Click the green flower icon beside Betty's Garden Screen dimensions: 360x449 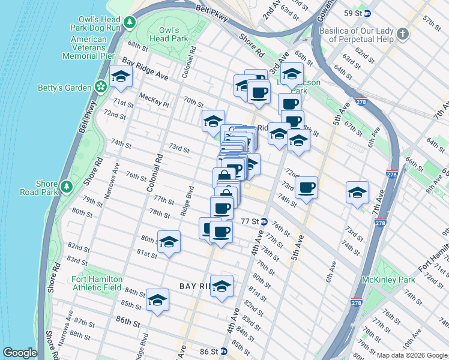100,88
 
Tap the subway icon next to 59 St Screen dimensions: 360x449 367,13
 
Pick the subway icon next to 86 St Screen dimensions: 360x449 223,351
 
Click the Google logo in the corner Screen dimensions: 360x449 20,353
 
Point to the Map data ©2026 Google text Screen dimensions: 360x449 412,355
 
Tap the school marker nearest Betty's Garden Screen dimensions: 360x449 121,76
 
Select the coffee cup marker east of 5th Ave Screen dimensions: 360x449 307,187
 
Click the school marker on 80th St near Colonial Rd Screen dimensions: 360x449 169,241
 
